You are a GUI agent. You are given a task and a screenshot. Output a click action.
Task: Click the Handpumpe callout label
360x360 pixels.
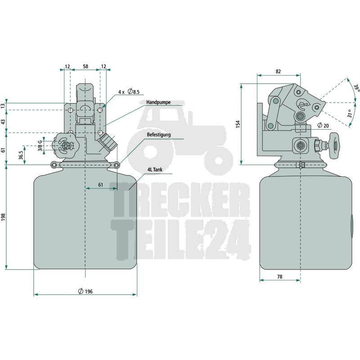158,102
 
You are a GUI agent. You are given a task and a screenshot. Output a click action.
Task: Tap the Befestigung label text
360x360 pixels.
159,135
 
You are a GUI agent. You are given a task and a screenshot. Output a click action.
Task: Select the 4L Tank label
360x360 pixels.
155,170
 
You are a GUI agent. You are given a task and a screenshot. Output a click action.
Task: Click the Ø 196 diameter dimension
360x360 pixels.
85,291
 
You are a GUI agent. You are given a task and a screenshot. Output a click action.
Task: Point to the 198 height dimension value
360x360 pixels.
3,217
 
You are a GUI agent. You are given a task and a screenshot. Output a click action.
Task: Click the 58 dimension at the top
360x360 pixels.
85,67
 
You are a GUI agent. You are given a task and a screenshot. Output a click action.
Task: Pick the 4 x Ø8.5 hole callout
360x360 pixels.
129,92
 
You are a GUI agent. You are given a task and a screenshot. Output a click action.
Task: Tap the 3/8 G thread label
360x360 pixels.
40,145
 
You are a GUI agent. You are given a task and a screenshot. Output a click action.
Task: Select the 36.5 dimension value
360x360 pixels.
21,155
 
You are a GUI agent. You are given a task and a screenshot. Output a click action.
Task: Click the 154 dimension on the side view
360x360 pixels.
238,124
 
